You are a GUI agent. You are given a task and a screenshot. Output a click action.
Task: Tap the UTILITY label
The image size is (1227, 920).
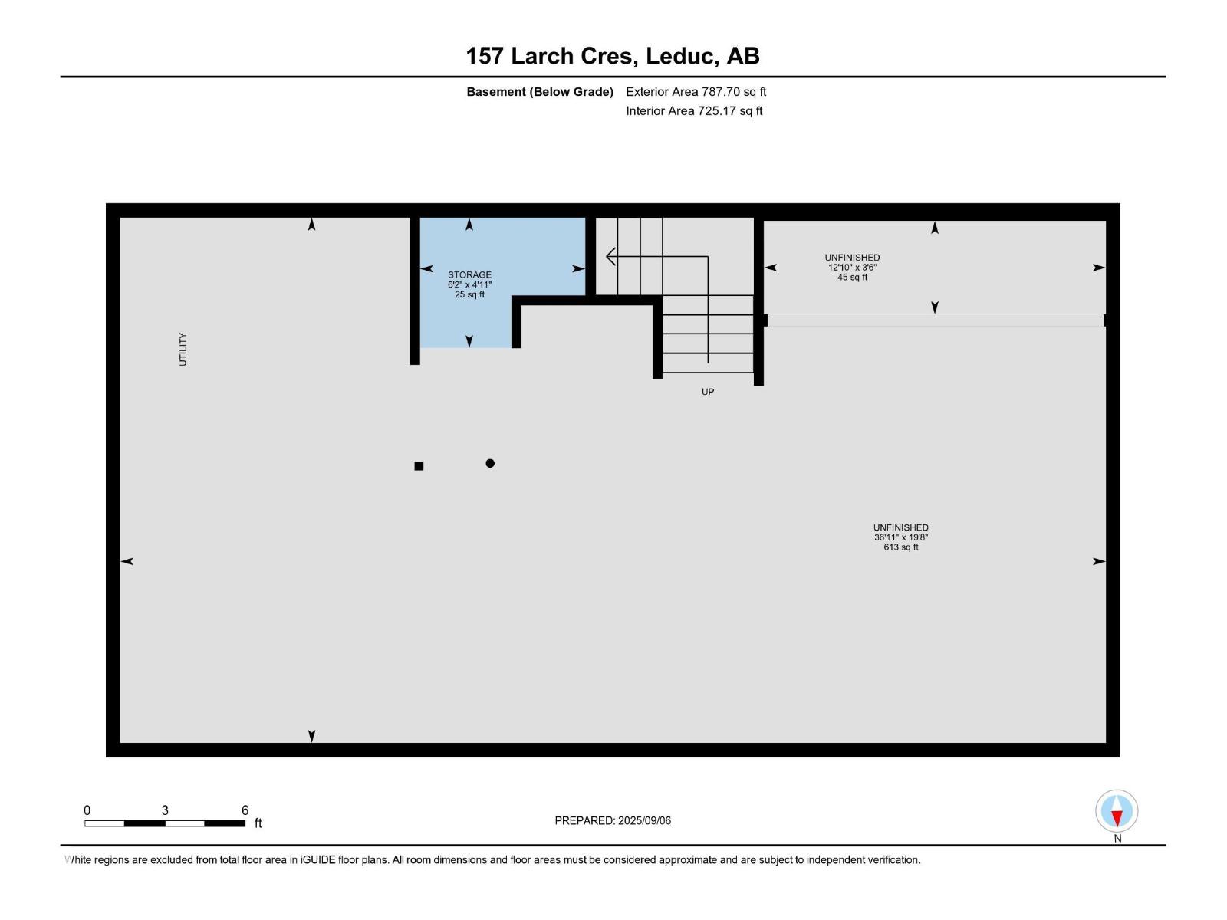(x=183, y=349)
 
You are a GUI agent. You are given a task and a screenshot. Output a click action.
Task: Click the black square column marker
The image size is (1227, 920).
(x=419, y=465)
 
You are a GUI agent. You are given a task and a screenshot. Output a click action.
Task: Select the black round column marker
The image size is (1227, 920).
(x=490, y=463)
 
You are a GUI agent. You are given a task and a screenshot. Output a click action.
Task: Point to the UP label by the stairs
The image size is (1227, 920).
(x=707, y=392)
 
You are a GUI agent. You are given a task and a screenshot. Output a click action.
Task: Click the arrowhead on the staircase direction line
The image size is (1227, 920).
(x=611, y=256)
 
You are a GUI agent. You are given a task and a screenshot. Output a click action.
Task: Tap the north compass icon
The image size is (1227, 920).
(x=1117, y=811)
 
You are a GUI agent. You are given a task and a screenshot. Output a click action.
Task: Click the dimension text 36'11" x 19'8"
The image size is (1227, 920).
(x=900, y=537)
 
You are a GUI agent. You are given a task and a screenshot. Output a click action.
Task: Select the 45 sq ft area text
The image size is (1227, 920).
(x=852, y=278)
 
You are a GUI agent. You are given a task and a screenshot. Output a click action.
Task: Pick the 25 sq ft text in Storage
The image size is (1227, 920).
(x=469, y=294)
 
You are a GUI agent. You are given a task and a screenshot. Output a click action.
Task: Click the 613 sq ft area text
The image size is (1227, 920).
(x=900, y=547)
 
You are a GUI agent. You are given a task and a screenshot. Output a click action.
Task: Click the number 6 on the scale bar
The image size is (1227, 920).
(x=245, y=810)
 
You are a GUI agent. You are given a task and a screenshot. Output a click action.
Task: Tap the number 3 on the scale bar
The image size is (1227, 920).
(x=165, y=810)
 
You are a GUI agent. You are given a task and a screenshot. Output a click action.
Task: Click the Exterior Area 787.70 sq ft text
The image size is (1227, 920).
(x=696, y=92)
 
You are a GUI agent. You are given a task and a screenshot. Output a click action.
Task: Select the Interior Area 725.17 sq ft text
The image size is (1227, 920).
(x=694, y=111)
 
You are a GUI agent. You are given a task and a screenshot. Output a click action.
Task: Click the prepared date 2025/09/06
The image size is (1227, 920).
(x=644, y=820)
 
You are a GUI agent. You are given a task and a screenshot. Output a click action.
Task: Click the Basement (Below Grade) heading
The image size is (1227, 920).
(x=540, y=92)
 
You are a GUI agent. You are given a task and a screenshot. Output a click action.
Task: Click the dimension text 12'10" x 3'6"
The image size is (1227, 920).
(x=852, y=268)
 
